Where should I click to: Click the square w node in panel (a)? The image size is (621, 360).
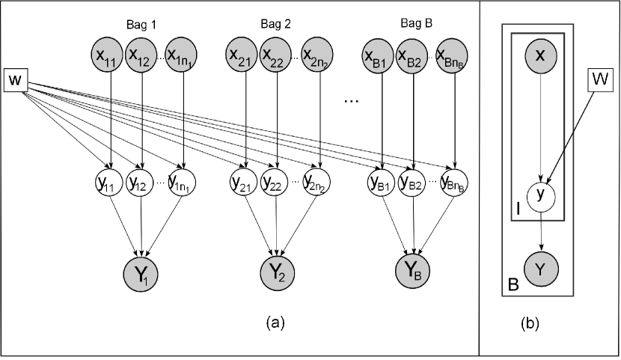(16, 80)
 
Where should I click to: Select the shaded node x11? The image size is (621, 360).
(106, 55)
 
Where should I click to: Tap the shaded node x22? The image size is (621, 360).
(275, 55)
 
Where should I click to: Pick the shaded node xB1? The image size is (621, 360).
(378, 55)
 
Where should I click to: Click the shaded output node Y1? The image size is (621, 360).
(141, 274)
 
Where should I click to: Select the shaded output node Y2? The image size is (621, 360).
(278, 273)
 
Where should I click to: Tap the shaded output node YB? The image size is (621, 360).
(413, 271)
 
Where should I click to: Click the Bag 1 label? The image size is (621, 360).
(141, 25)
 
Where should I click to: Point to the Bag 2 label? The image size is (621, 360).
(275, 24)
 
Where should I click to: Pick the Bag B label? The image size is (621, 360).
(416, 23)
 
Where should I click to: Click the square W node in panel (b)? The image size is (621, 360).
(599, 79)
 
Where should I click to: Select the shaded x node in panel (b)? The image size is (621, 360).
(540, 56)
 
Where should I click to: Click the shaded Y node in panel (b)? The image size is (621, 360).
(541, 269)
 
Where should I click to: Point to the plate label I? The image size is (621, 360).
(518, 209)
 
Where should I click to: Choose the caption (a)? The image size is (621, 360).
(275, 323)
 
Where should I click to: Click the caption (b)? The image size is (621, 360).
(530, 323)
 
